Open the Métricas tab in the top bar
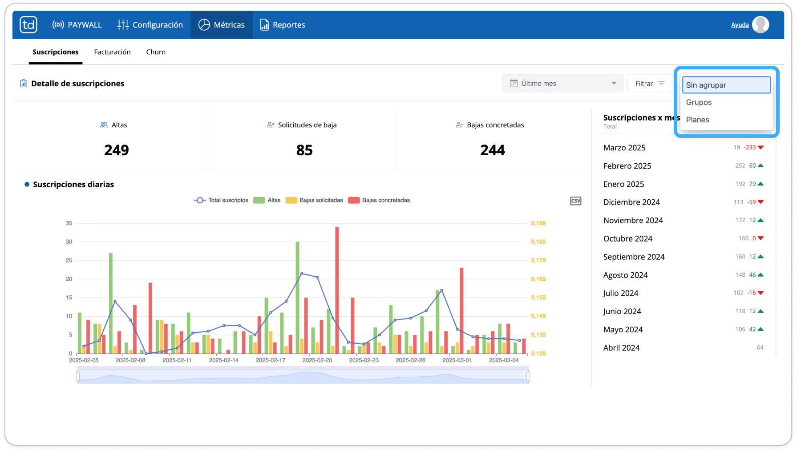click(222, 25)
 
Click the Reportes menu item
click(283, 25)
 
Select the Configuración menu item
click(150, 25)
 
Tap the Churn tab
click(156, 52)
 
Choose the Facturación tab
click(112, 52)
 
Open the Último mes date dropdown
click(563, 83)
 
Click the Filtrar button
click(650, 83)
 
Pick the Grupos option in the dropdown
click(699, 102)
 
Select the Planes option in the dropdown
click(697, 120)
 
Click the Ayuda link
click(740, 25)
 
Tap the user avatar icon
click(761, 24)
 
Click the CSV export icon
click(575, 201)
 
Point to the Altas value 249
click(117, 150)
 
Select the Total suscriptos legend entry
click(221, 200)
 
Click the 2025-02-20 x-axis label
click(317, 360)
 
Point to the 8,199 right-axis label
click(538, 223)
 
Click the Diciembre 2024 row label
click(631, 202)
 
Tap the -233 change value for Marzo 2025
click(750, 147)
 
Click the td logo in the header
click(28, 24)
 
